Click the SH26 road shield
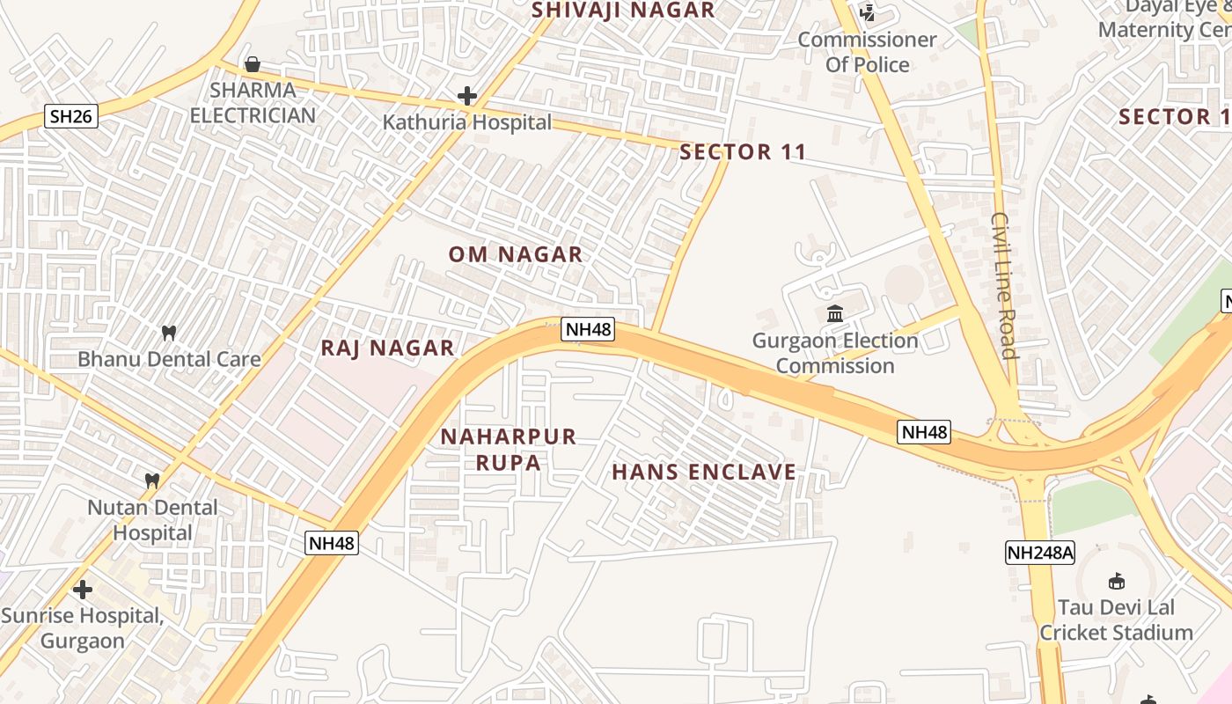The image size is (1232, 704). pos(70,115)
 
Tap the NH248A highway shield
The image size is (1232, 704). pos(1040,553)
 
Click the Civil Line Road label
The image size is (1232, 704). pos(1003,285)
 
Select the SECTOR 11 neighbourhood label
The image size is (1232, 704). pos(743,152)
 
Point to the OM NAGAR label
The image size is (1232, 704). pos(516,254)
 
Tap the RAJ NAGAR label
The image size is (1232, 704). pos(387,348)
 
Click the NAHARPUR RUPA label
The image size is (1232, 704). pos(509,449)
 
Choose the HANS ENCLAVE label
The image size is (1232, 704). pos(704,472)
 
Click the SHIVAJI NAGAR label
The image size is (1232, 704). pos(623,11)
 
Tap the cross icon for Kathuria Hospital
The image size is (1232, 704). pos(467,96)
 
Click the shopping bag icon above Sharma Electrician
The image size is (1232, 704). pos(253,64)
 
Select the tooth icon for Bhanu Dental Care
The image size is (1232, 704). pos(169,334)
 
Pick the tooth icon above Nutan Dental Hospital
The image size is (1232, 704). pos(152,480)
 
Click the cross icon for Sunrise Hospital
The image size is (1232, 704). pos(83,589)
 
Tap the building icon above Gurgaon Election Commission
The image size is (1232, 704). pos(835,313)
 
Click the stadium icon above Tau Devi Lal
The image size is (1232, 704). pos(1117,581)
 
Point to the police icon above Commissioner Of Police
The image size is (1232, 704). pos(868,13)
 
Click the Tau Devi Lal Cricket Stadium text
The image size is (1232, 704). pos(1116,620)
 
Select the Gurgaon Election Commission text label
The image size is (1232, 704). pos(835,353)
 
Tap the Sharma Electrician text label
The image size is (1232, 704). pos(253,103)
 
